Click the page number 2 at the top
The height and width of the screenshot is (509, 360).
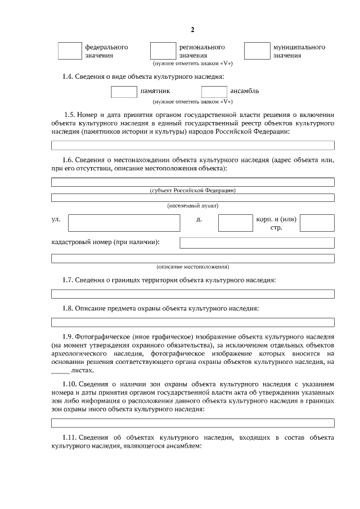pos(192,29)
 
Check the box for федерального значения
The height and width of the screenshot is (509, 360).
pos(70,51)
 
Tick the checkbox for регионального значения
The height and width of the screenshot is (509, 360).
pos(163,51)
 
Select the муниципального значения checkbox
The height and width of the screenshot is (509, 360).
pos(256,51)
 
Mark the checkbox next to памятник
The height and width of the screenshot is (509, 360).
pos(124,91)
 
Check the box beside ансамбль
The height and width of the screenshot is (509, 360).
pos(214,91)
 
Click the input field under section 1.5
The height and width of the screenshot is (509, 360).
pos(192,145)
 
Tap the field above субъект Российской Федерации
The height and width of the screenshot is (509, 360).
pos(192,182)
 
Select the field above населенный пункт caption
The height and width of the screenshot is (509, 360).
pos(192,197)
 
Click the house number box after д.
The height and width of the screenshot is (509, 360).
pos(235,223)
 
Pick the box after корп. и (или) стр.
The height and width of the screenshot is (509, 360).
pos(317,223)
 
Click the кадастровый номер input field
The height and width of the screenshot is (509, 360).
pos(256,242)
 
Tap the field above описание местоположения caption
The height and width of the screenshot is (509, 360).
pos(192,258)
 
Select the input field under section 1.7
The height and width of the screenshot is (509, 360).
pos(192,294)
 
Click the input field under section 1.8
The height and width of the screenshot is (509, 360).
pos(192,322)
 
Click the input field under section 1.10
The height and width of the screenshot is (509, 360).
pos(192,422)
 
